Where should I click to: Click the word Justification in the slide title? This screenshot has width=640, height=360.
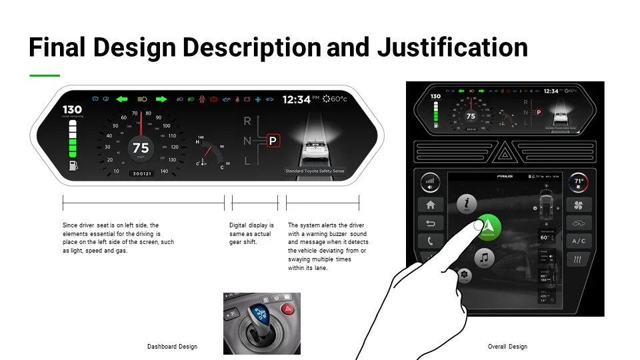point(453,47)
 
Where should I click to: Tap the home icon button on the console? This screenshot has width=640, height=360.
point(430,205)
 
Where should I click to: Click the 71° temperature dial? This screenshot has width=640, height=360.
point(579,182)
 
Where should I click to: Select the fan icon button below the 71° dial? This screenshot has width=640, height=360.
point(579,205)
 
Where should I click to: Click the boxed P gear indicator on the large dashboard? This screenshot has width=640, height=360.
point(272,141)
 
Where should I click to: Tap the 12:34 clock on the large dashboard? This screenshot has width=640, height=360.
point(296,99)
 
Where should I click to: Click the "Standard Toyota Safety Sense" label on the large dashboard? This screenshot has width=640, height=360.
point(315,171)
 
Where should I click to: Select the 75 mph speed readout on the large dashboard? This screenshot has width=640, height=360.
point(141,148)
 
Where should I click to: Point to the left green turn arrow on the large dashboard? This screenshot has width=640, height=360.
point(121,99)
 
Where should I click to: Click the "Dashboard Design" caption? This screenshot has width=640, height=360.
point(172,347)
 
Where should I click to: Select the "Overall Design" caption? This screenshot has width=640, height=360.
point(507,347)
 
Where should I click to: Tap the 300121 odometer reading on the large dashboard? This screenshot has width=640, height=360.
point(141,173)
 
